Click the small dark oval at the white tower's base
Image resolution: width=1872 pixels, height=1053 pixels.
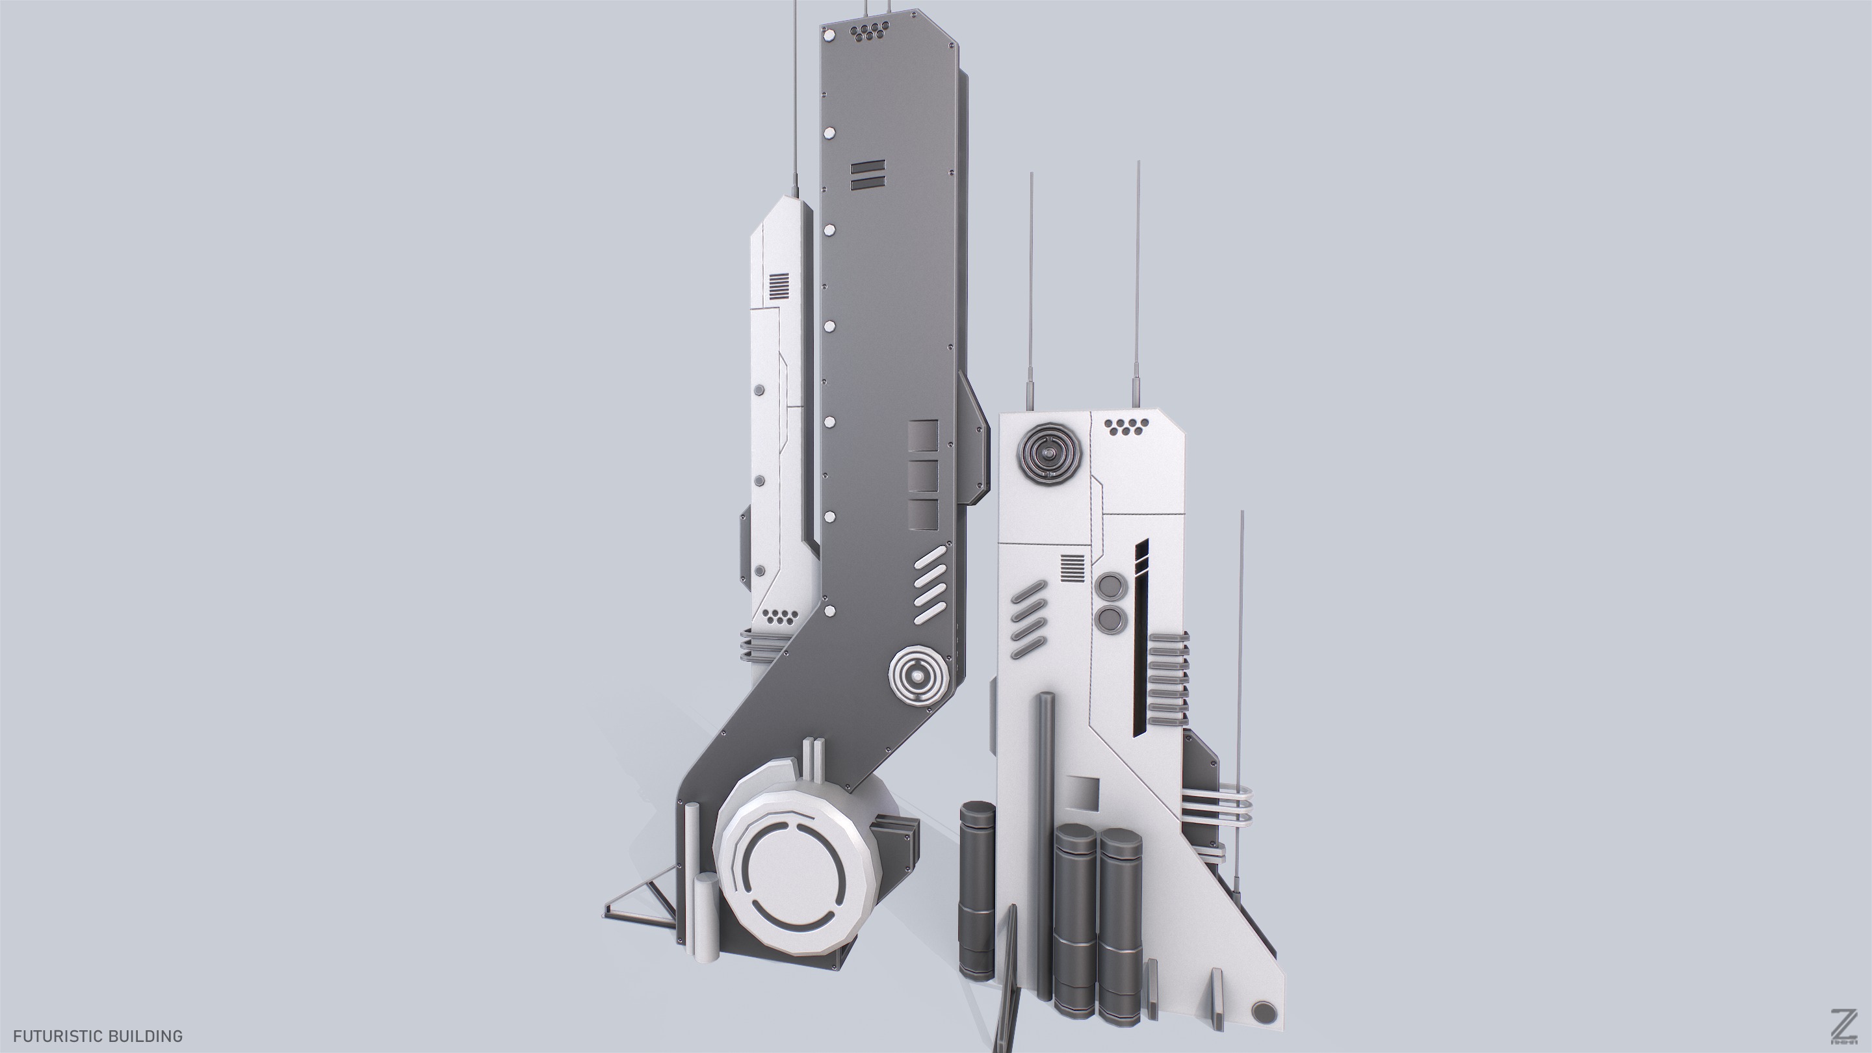point(1264,1011)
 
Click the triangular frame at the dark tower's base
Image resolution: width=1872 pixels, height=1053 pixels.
point(643,899)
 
